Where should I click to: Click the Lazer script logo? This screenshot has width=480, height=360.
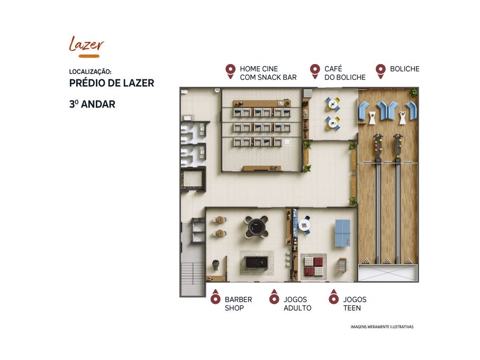(x=86, y=44)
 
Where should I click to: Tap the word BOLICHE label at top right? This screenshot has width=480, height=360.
(x=404, y=69)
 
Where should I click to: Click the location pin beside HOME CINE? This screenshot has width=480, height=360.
(x=230, y=71)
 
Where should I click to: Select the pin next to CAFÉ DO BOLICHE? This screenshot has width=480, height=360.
(x=315, y=71)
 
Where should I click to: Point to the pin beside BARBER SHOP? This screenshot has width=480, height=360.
(x=215, y=296)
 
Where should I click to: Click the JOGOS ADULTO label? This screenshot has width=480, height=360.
(x=297, y=304)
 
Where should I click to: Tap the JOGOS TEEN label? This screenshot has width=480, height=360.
(x=355, y=304)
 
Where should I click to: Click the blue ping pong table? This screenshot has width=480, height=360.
(x=342, y=233)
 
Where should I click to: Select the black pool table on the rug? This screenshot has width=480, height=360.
(x=257, y=263)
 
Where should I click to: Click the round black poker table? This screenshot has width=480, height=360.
(x=256, y=227)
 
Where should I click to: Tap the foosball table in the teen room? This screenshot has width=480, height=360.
(x=342, y=265)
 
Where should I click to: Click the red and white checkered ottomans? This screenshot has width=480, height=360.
(x=313, y=266)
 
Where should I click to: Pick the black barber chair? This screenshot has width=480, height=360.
(x=216, y=265)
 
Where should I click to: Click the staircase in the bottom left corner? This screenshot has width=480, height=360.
(x=192, y=278)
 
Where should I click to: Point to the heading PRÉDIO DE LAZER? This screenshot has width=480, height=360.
(x=112, y=83)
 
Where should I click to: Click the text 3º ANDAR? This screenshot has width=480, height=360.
(x=92, y=104)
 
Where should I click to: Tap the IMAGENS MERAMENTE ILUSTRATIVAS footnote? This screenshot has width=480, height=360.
(x=382, y=327)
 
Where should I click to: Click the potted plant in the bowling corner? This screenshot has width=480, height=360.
(x=413, y=92)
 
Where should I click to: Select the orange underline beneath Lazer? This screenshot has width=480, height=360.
(x=89, y=56)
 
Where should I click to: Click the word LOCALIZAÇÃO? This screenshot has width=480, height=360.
(x=90, y=71)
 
